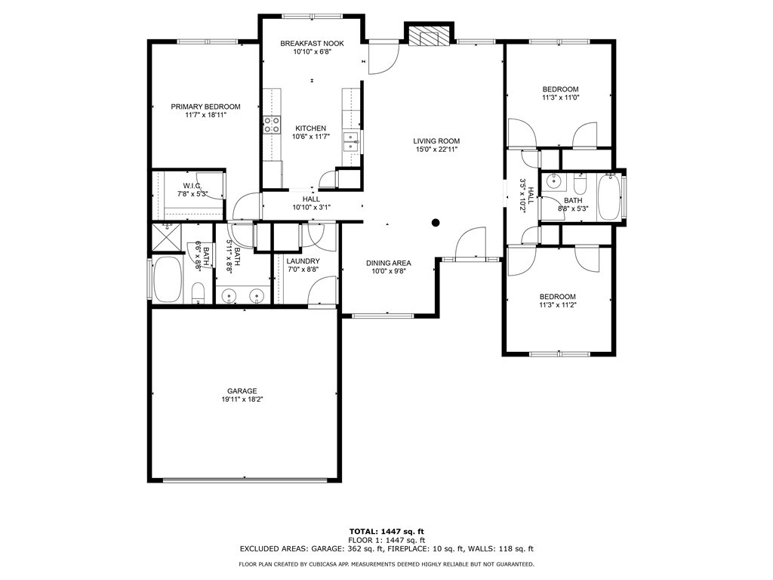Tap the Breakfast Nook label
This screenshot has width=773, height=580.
point(312,44)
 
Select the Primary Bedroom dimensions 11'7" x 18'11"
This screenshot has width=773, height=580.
point(205,115)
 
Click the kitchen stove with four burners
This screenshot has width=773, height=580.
point(272,125)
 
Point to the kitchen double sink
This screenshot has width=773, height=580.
point(350,142)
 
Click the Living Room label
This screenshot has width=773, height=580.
point(436,141)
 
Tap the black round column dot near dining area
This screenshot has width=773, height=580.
point(436,223)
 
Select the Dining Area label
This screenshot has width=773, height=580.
point(388,263)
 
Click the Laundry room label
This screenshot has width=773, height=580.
point(303,261)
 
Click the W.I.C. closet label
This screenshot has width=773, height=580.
point(192,186)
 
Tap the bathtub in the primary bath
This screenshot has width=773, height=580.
point(168,279)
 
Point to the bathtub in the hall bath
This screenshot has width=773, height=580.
point(608,196)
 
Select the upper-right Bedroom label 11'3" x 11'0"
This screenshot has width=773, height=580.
point(560,89)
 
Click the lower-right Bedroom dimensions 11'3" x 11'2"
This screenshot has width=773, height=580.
point(557,305)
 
